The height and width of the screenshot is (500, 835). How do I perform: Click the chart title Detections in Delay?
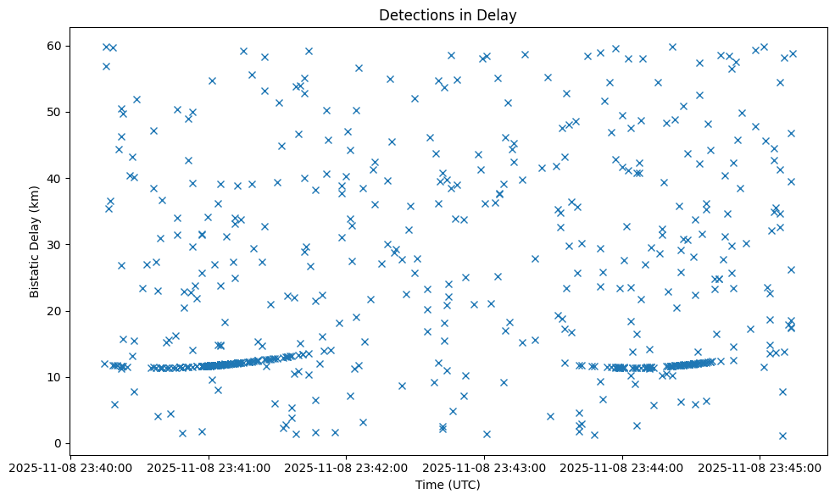click(x=448, y=15)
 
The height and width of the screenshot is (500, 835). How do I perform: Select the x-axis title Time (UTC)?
click(x=448, y=485)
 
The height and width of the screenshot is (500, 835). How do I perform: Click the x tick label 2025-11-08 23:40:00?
click(x=71, y=467)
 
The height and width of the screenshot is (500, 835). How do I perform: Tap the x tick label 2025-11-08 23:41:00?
click(x=209, y=467)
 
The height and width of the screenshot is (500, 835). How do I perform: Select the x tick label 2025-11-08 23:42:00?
click(x=347, y=467)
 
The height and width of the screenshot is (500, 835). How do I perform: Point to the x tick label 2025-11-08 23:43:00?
click(x=485, y=467)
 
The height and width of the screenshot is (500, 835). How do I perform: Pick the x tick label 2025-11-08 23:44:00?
click(x=622, y=467)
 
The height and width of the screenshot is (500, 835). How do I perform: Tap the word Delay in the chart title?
click(x=500, y=15)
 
